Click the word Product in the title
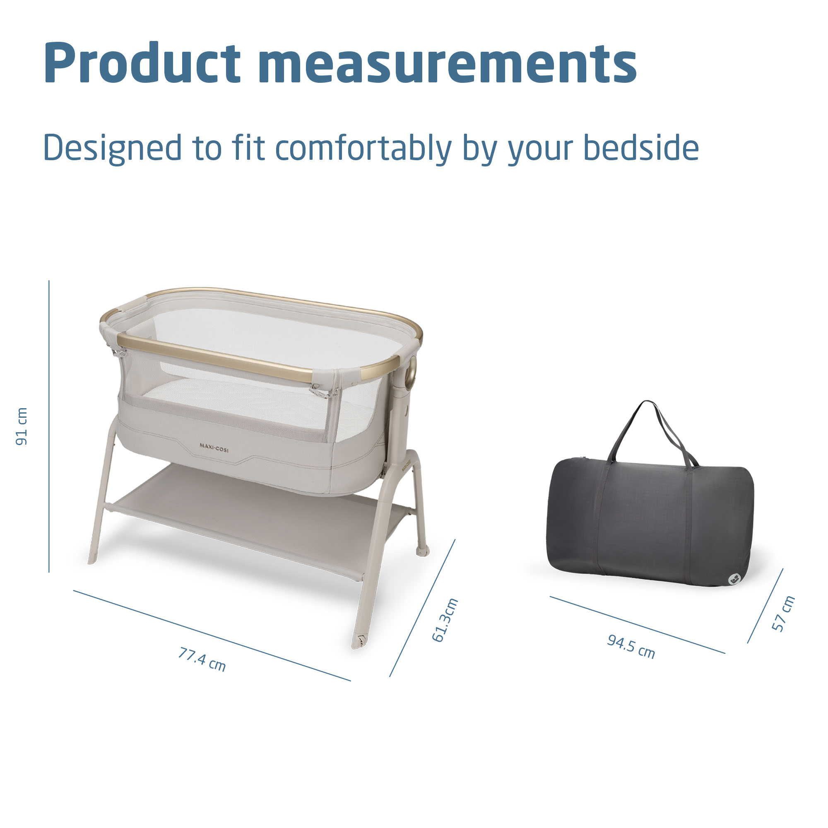coord(142,62)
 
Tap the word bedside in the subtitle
coord(641,148)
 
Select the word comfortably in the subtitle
coord(363,149)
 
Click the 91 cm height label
coord(22,426)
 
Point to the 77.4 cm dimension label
coord(202,659)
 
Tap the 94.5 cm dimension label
coord(631,646)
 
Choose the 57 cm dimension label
coord(783,613)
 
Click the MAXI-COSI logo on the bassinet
coord(214,448)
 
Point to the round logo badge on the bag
coord(735,579)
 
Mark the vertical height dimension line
coord(49,426)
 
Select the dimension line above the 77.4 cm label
coord(212,635)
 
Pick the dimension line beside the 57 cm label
coord(765,606)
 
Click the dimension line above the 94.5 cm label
coord(637,624)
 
